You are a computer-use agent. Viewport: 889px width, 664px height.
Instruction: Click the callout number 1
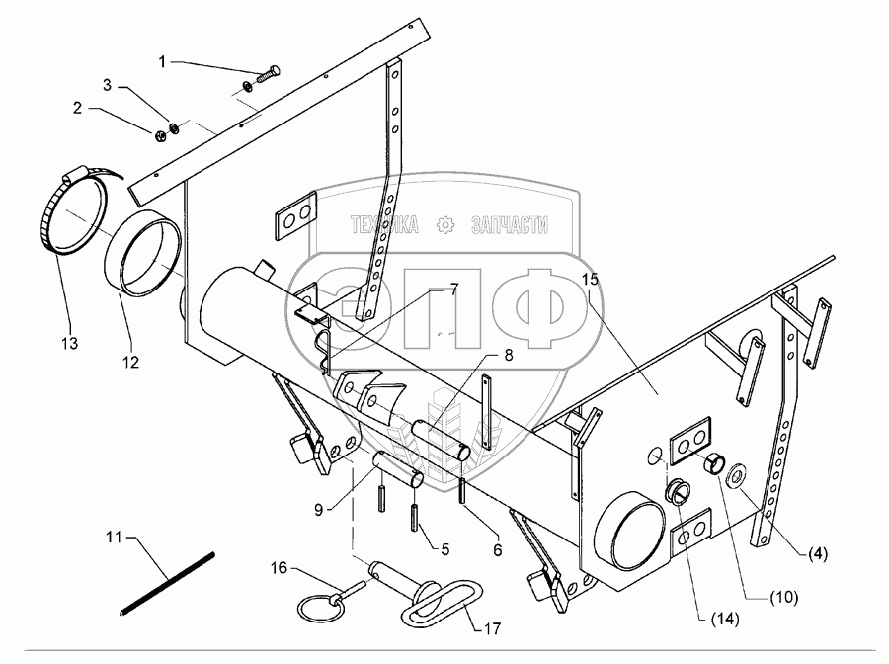tap(163, 62)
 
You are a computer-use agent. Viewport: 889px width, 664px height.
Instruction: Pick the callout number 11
tap(114, 538)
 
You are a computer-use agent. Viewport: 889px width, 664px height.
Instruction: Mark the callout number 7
tap(453, 289)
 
